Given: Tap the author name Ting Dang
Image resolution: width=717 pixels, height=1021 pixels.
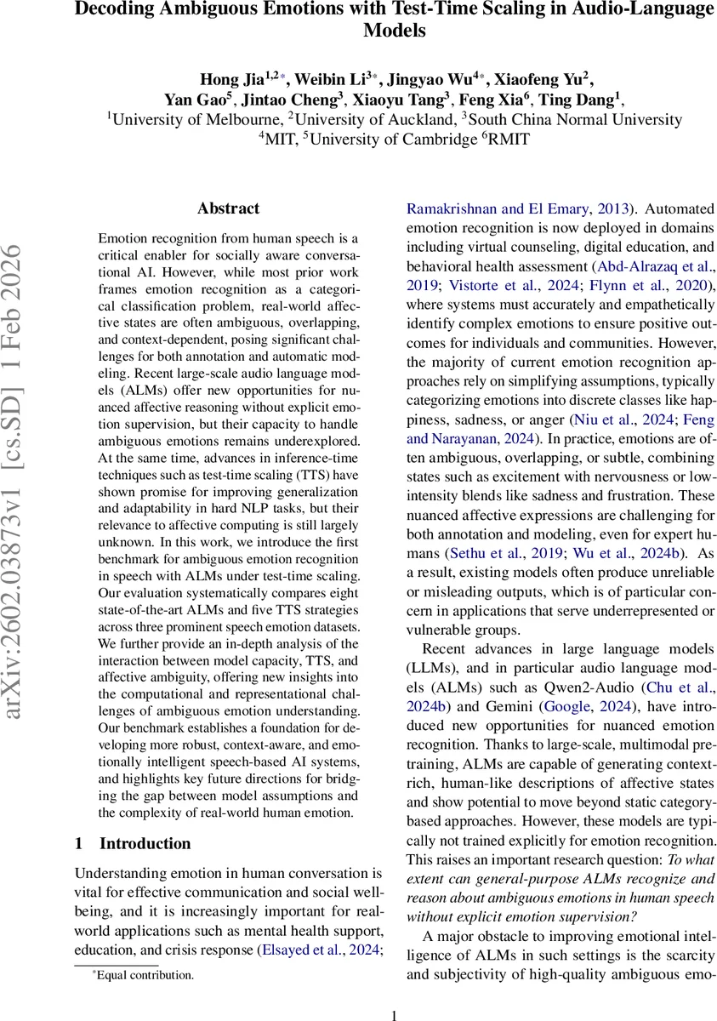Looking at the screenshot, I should pyautogui.click(x=587, y=100).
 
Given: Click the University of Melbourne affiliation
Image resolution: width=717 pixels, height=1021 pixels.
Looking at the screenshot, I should pyautogui.click(x=196, y=119).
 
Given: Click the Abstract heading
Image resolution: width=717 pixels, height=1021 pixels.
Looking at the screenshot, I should pyautogui.click(x=228, y=208).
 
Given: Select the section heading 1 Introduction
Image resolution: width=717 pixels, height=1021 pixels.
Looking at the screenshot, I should pyautogui.click(x=133, y=843).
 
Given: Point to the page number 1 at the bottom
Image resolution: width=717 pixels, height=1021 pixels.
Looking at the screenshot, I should pyautogui.click(x=394, y=1015).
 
